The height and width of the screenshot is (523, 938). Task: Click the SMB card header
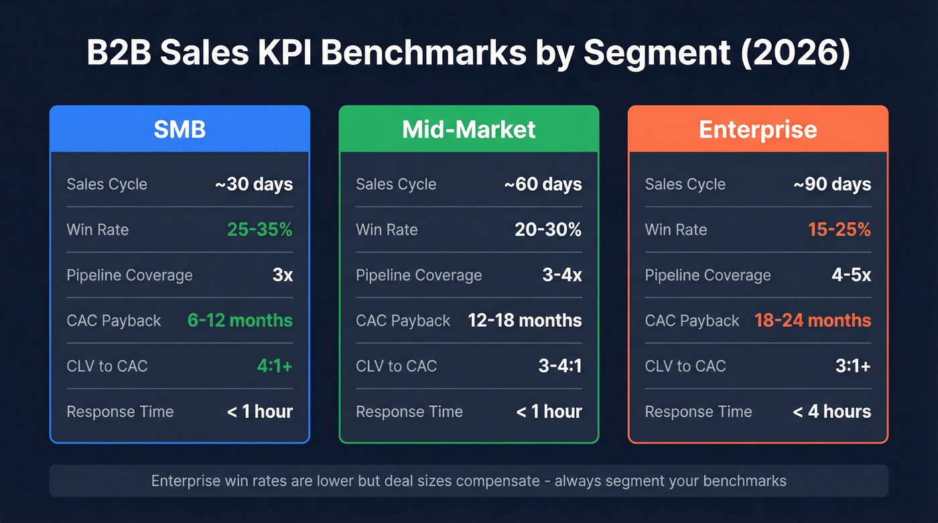pos(180,129)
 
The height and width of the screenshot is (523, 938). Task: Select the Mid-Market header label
pos(468,129)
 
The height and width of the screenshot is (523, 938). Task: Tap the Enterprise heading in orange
pos(758,129)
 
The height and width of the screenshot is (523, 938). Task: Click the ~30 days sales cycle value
pos(254,184)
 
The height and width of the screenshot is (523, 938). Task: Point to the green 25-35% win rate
pos(259,230)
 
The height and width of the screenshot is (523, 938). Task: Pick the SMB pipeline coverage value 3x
pos(282,275)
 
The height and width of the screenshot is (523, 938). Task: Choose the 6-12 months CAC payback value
pos(240,321)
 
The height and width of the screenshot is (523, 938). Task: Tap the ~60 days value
pos(543,184)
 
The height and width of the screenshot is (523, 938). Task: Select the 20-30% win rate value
pos(548,230)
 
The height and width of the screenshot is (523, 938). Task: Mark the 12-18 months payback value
pos(525,321)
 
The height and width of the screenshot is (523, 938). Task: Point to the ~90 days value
pos(832,184)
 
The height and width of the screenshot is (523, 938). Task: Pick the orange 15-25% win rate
pos(839,230)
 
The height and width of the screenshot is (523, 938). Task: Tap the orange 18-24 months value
pos(813,321)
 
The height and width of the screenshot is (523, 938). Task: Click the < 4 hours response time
pos(832,412)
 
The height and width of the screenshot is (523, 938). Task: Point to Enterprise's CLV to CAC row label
pos(685,366)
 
